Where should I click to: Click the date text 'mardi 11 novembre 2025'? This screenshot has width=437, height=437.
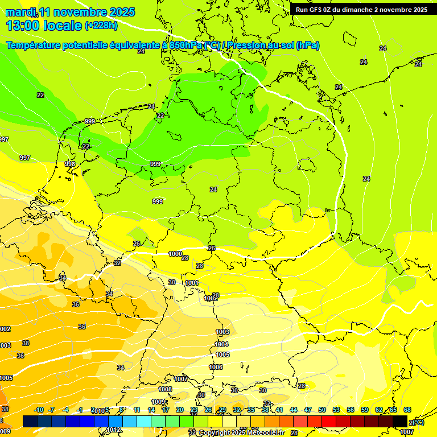pyautogui.click(x=70, y=12)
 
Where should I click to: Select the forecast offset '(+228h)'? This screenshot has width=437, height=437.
pyautogui.click(x=102, y=26)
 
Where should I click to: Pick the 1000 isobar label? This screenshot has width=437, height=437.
pyautogui.click(x=176, y=254)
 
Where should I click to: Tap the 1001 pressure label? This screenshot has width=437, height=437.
pyautogui.click(x=192, y=283)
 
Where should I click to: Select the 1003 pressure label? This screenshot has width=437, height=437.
pyautogui.click(x=222, y=332)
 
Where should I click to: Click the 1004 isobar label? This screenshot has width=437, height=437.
pyautogui.click(x=221, y=344)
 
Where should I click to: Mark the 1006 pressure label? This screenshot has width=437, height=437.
pyautogui.click(x=216, y=367)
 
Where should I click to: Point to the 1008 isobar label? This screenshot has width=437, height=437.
pyautogui.click(x=165, y=389)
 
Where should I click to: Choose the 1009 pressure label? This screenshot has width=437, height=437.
pyautogui.click(x=158, y=402)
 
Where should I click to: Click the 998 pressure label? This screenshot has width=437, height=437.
pyautogui.click(x=70, y=163)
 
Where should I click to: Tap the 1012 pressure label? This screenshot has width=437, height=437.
pyautogui.click(x=114, y=430)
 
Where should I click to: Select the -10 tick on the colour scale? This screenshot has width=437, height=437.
pyautogui.click(x=39, y=410)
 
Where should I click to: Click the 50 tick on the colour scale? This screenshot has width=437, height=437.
pyautogui.click(x=322, y=410)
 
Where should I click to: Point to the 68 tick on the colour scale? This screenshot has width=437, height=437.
pyautogui.click(x=407, y=410)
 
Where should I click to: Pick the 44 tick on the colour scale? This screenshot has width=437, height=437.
pyautogui.click(x=294, y=410)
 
